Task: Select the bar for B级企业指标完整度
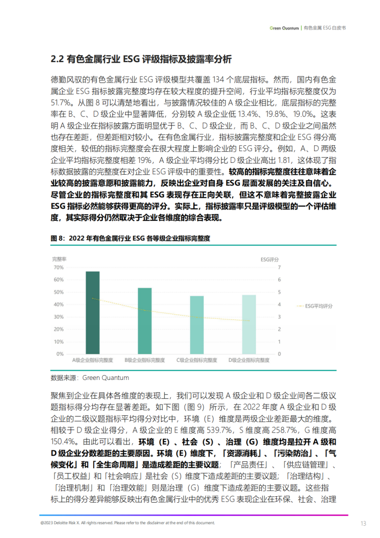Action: (x=145, y=321)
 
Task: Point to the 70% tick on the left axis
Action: (x=58, y=267)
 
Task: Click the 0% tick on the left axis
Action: (x=59, y=354)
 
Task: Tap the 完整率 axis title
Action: (x=58, y=259)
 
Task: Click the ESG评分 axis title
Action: (x=270, y=259)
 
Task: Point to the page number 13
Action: (x=363, y=523)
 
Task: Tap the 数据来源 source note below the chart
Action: (x=89, y=378)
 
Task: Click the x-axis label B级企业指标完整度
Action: (x=145, y=360)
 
